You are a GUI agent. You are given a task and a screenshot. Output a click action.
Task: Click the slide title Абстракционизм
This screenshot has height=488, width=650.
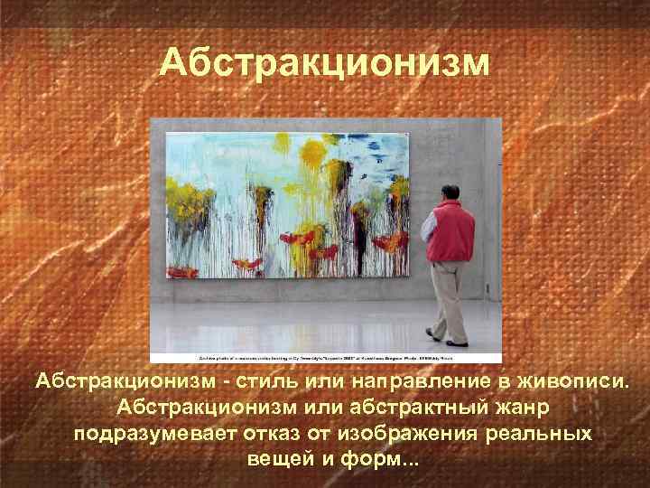click(x=325, y=63)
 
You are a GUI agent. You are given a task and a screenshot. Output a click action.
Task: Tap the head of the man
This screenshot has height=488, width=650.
click(x=450, y=193)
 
